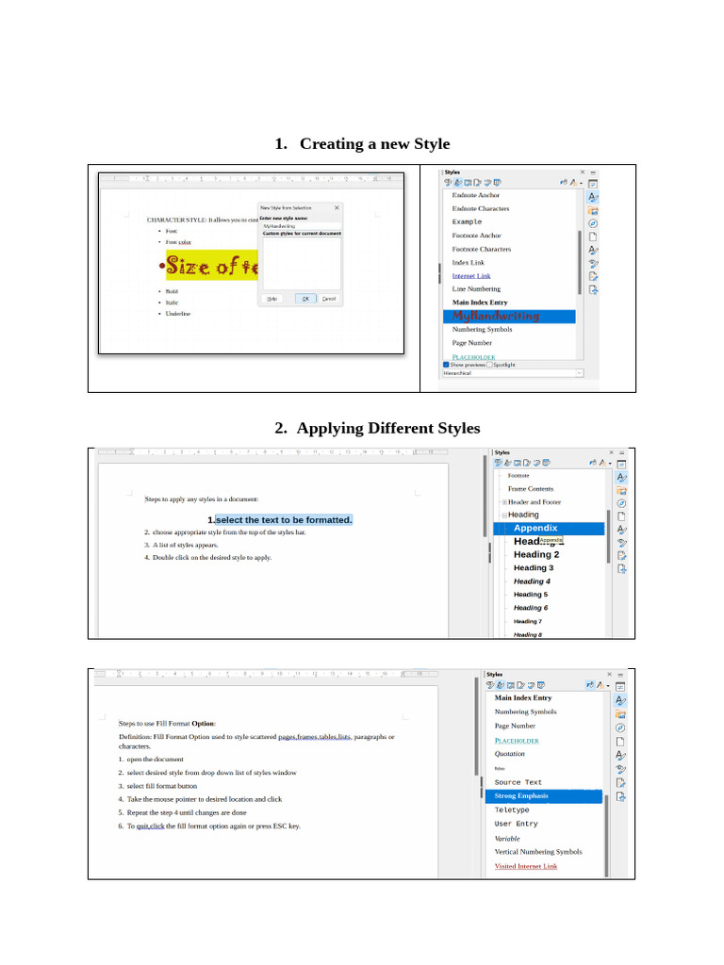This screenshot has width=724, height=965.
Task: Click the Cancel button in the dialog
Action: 329,299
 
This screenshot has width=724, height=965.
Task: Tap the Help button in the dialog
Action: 272,299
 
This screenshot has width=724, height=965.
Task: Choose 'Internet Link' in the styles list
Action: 471,276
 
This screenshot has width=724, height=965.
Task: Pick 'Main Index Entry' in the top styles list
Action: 480,303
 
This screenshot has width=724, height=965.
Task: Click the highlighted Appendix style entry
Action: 535,529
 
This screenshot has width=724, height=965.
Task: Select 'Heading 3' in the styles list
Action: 534,568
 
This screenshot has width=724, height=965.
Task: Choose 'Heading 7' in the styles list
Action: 527,622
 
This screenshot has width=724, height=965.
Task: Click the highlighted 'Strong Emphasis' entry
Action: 521,796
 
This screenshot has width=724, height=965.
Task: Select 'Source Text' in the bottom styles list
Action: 518,783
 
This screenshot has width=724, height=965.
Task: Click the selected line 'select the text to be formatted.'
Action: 284,520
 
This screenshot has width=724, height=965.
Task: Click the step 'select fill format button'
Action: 162,786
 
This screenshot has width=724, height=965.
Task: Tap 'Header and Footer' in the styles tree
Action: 535,502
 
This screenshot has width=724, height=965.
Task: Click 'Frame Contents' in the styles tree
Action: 531,489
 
